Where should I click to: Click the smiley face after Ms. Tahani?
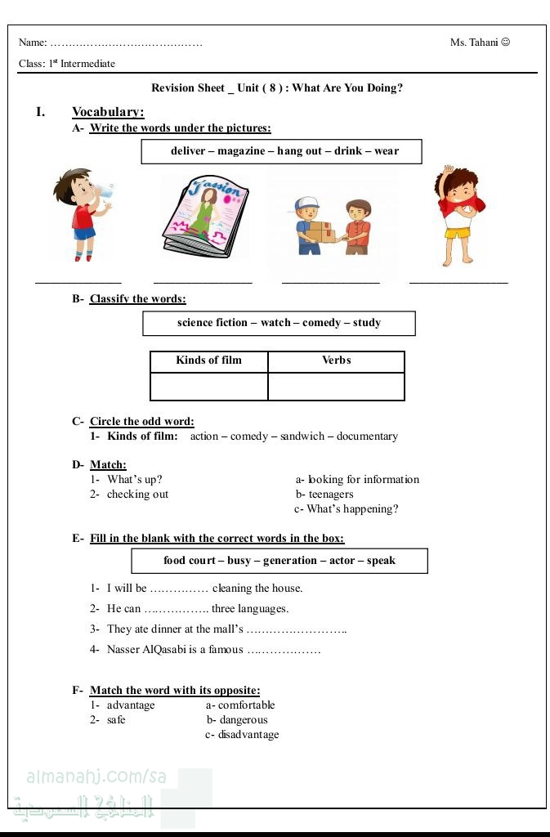(505, 43)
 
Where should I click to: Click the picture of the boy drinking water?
(81, 215)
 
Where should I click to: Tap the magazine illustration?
(205, 218)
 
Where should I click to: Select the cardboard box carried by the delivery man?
(320, 232)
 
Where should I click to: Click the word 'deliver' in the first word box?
(188, 151)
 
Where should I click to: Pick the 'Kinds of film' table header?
(208, 360)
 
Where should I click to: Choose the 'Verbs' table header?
(336, 360)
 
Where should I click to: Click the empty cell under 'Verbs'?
(336, 386)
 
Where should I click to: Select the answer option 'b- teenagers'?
(324, 495)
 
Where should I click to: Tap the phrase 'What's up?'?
(135, 480)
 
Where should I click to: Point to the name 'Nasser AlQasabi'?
(175, 650)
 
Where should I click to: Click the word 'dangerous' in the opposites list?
(244, 720)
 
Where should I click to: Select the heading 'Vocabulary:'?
(108, 112)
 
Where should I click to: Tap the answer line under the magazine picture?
(203, 282)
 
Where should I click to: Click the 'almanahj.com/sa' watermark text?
(96, 777)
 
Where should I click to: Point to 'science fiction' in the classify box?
(212, 323)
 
